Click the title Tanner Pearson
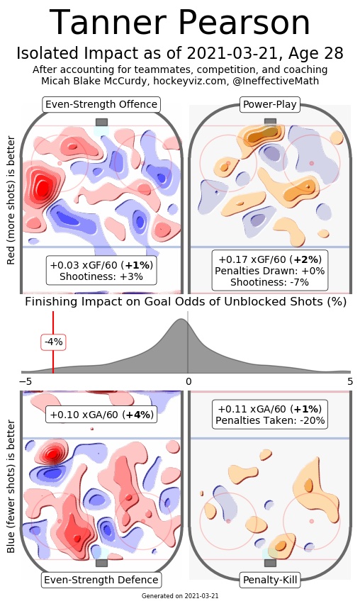(x=179, y=23)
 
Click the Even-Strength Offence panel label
(x=101, y=104)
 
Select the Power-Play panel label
(x=269, y=104)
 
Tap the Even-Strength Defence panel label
(x=101, y=580)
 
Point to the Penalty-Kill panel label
(x=269, y=580)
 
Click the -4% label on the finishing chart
(x=53, y=342)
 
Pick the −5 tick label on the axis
(x=26, y=382)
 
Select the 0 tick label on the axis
(x=188, y=382)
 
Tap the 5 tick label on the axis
(x=350, y=382)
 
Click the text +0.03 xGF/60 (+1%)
(x=101, y=265)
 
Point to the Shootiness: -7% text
(x=269, y=282)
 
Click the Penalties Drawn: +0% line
(x=269, y=271)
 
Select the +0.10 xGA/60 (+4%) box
(x=101, y=415)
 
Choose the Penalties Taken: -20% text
(x=270, y=420)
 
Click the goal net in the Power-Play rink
(x=270, y=122)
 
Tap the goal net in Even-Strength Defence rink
(x=101, y=563)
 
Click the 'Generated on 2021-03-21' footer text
(x=180, y=596)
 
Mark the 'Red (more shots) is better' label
(x=11, y=200)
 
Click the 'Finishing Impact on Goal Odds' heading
(x=186, y=301)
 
